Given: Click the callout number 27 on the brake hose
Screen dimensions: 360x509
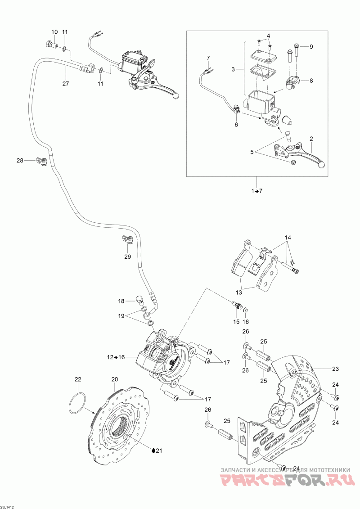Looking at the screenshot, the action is (66, 84).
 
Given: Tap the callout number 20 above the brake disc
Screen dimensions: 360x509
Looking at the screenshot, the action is (115, 379).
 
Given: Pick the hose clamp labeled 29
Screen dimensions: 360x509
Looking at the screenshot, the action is (128, 240).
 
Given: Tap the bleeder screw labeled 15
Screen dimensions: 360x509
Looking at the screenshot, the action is (237, 306).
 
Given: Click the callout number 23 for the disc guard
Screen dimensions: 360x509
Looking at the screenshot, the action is (335, 369).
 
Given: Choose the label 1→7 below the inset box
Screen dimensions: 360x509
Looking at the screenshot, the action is (256, 191).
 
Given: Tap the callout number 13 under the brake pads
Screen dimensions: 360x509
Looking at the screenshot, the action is (239, 293).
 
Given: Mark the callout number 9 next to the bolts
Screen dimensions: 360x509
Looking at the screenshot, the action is (311, 47).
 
